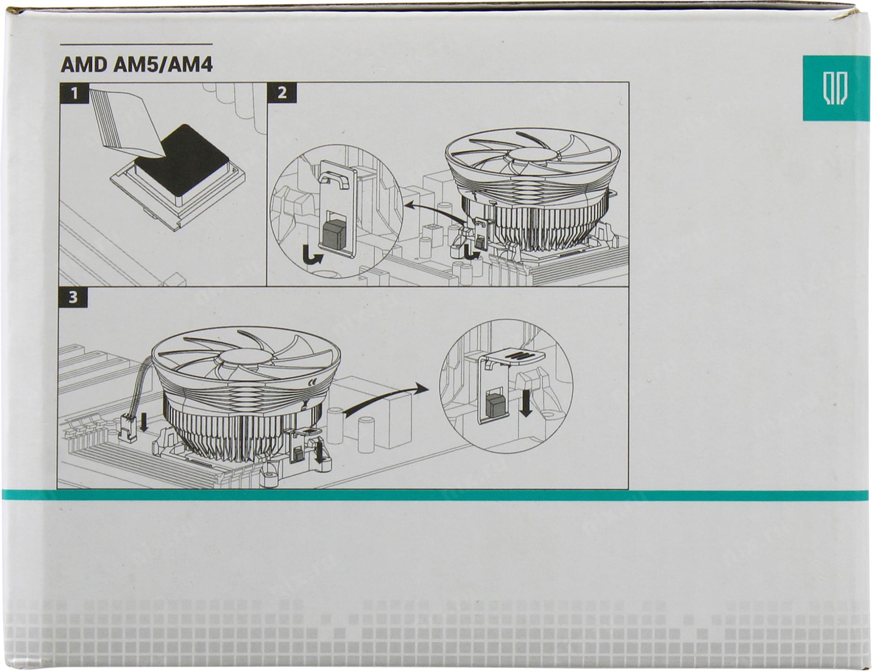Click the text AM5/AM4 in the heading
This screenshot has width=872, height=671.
pyautogui.click(x=163, y=65)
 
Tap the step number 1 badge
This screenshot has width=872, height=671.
pyautogui.click(x=75, y=94)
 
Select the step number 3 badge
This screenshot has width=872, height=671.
pyautogui.click(x=73, y=297)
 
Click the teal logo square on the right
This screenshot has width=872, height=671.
pyautogui.click(x=836, y=89)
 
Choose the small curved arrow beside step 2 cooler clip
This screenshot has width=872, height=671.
pyautogui.click(x=472, y=253)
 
